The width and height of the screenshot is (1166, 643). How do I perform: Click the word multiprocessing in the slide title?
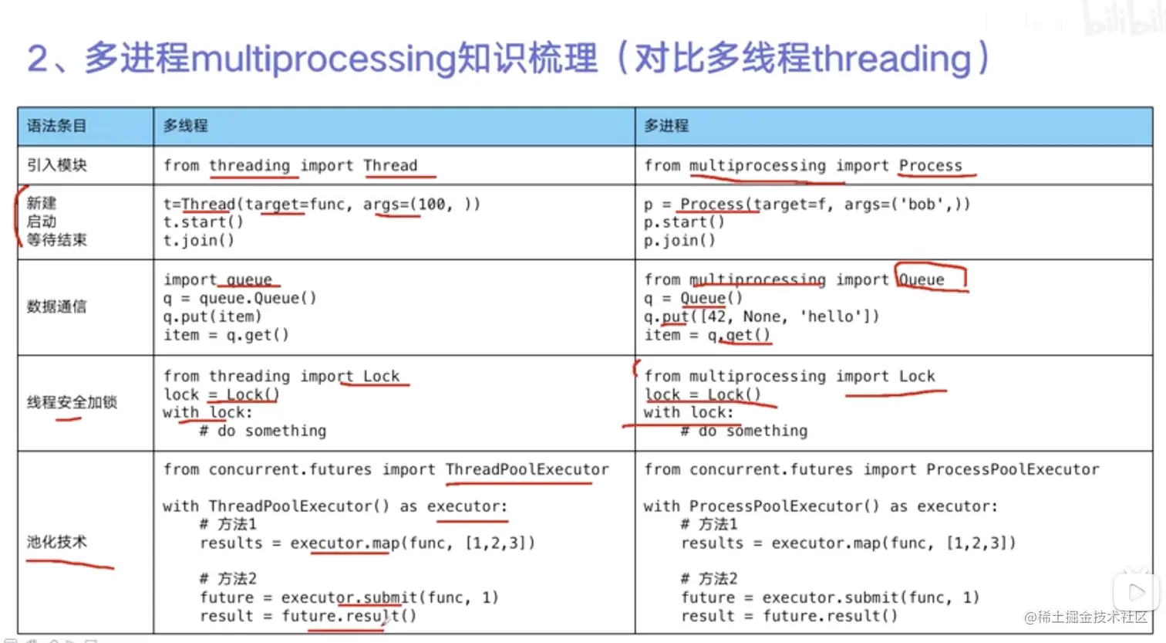click(x=322, y=59)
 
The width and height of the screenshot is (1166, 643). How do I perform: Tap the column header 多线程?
click(x=185, y=126)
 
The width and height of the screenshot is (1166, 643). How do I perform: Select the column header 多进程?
click(x=666, y=126)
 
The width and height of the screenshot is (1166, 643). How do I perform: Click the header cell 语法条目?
click(x=57, y=126)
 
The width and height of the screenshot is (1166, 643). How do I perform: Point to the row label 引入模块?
click(x=57, y=165)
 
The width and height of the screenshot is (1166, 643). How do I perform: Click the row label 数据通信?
click(x=57, y=306)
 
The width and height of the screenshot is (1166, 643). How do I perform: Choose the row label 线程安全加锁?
click(x=72, y=401)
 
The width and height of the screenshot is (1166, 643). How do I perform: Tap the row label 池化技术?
click(x=57, y=542)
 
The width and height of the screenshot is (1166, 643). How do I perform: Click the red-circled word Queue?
click(x=922, y=279)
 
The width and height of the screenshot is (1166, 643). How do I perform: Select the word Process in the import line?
click(x=930, y=165)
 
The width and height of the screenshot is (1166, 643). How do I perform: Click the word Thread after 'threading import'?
click(x=390, y=165)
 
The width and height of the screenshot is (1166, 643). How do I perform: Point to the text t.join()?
click(x=199, y=240)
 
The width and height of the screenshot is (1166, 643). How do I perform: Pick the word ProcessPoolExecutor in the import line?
click(x=1013, y=469)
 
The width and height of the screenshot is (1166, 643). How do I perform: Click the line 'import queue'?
click(x=217, y=279)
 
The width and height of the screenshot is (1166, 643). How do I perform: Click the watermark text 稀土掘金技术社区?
click(x=1092, y=618)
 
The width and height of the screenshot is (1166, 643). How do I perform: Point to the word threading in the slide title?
click(x=891, y=59)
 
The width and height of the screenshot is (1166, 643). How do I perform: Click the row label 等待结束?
click(x=57, y=240)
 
